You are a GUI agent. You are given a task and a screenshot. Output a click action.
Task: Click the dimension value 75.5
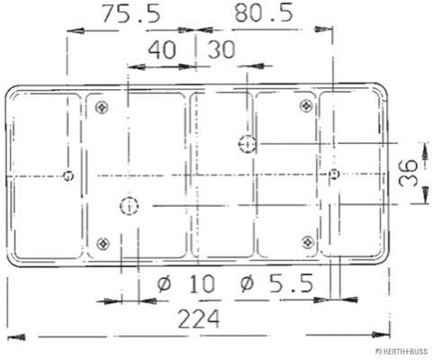click(131, 13)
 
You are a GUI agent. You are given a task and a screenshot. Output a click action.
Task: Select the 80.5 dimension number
click(264, 13)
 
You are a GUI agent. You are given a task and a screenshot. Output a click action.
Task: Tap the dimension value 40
click(162, 49)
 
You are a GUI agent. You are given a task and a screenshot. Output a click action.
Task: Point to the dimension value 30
click(221, 49)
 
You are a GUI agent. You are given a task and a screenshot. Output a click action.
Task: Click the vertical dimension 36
click(408, 173)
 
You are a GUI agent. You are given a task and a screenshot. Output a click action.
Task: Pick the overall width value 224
click(199, 319)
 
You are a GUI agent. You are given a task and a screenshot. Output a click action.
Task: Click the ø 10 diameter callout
click(186, 283)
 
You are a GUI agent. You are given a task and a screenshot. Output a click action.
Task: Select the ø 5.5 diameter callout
click(276, 283)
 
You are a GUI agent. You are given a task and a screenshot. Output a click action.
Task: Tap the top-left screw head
click(102, 107)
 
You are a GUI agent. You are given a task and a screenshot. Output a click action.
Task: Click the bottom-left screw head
click(104, 243)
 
